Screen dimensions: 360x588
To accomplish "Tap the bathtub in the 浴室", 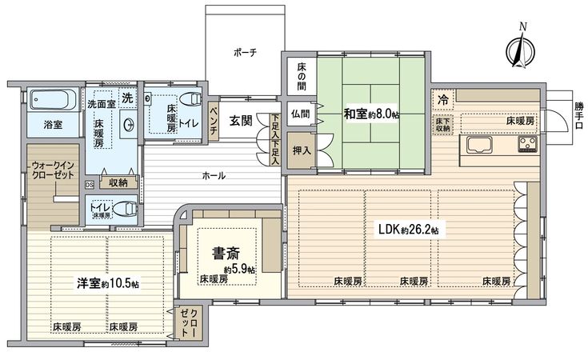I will point(53,101).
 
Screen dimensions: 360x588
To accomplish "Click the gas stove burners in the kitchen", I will point(528,145).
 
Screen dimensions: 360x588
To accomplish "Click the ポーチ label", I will point(245,52).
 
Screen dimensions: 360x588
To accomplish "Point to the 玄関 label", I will point(241,121).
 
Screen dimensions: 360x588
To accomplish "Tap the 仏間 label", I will point(300,114).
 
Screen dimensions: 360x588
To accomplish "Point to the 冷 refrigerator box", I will point(442,99).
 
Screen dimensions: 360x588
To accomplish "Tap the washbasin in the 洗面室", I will point(128,125).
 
